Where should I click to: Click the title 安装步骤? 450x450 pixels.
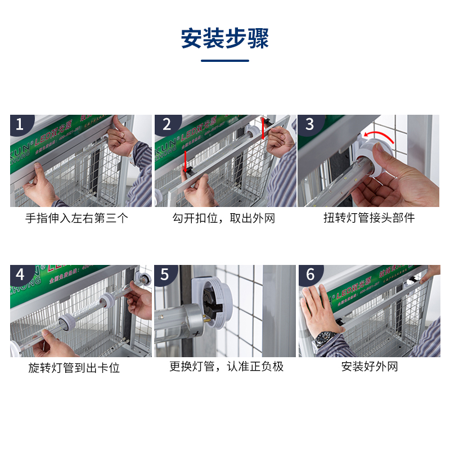225,38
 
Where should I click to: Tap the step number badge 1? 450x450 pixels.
20,124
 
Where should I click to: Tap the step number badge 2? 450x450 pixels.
166,124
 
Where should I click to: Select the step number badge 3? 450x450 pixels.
309,124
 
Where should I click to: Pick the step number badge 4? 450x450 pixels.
20,274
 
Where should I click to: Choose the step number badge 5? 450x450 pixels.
165,274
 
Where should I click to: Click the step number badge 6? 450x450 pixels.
309,274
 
